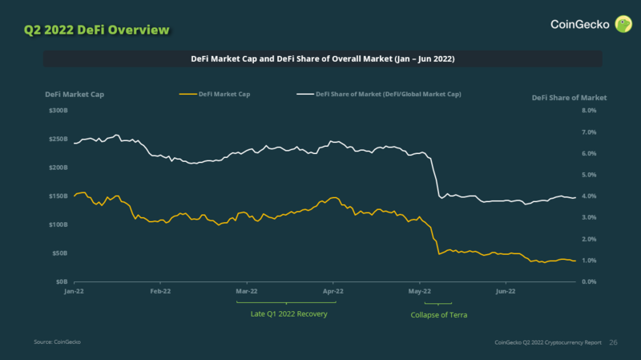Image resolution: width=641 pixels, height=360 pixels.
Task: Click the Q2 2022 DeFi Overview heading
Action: coord(95,30)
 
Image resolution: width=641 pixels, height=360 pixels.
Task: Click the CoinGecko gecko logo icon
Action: coord(623,24)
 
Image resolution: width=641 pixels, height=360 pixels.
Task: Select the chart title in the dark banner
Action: coord(322,59)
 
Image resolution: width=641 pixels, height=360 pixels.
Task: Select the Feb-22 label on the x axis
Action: coord(160,292)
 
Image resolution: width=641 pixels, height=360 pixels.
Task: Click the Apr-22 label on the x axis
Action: coord(333,292)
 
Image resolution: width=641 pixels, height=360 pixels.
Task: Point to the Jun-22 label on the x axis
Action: coord(506,292)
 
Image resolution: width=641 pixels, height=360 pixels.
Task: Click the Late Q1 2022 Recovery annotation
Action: coord(289,314)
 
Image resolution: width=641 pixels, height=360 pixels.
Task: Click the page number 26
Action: coord(614,342)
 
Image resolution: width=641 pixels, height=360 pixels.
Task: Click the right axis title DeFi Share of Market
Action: coord(569,97)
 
